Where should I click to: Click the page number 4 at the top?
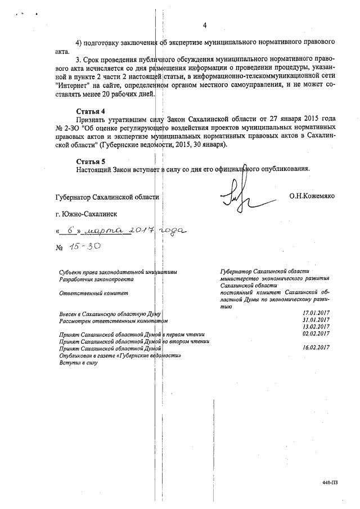(x=205, y=25)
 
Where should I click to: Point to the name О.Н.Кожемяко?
(x=312, y=197)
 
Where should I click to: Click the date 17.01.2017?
(x=316, y=313)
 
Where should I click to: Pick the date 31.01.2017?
(x=316, y=320)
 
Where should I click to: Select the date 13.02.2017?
(x=316, y=327)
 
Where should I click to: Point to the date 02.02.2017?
(x=316, y=334)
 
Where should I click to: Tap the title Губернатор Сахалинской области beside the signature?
(x=107, y=197)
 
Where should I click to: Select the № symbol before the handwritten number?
(x=59, y=247)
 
